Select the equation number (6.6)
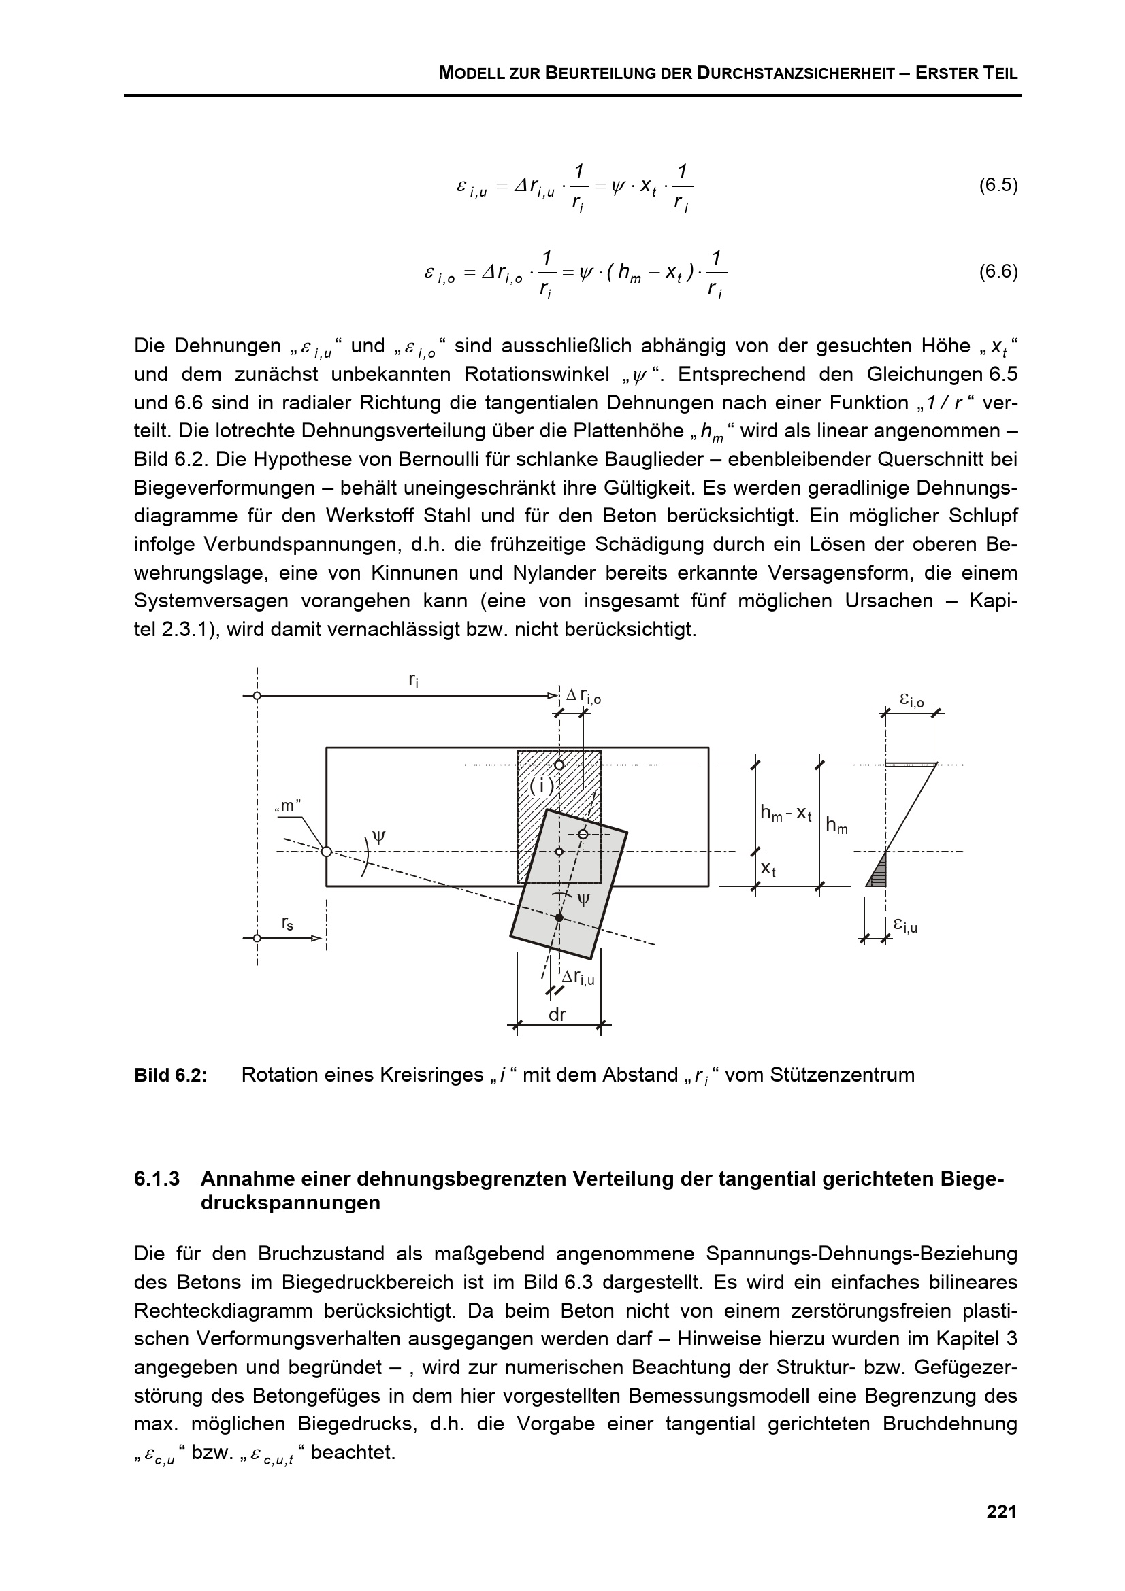pyautogui.click(x=998, y=271)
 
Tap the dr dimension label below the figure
pyautogui.click(x=557, y=1014)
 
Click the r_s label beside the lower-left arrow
pyautogui.click(x=287, y=922)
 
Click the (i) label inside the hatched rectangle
pyautogui.click(x=541, y=786)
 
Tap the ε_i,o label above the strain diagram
pyautogui.click(x=911, y=701)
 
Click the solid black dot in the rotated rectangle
pyautogui.click(x=559, y=917)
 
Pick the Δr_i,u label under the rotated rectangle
pyautogui.click(x=577, y=977)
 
